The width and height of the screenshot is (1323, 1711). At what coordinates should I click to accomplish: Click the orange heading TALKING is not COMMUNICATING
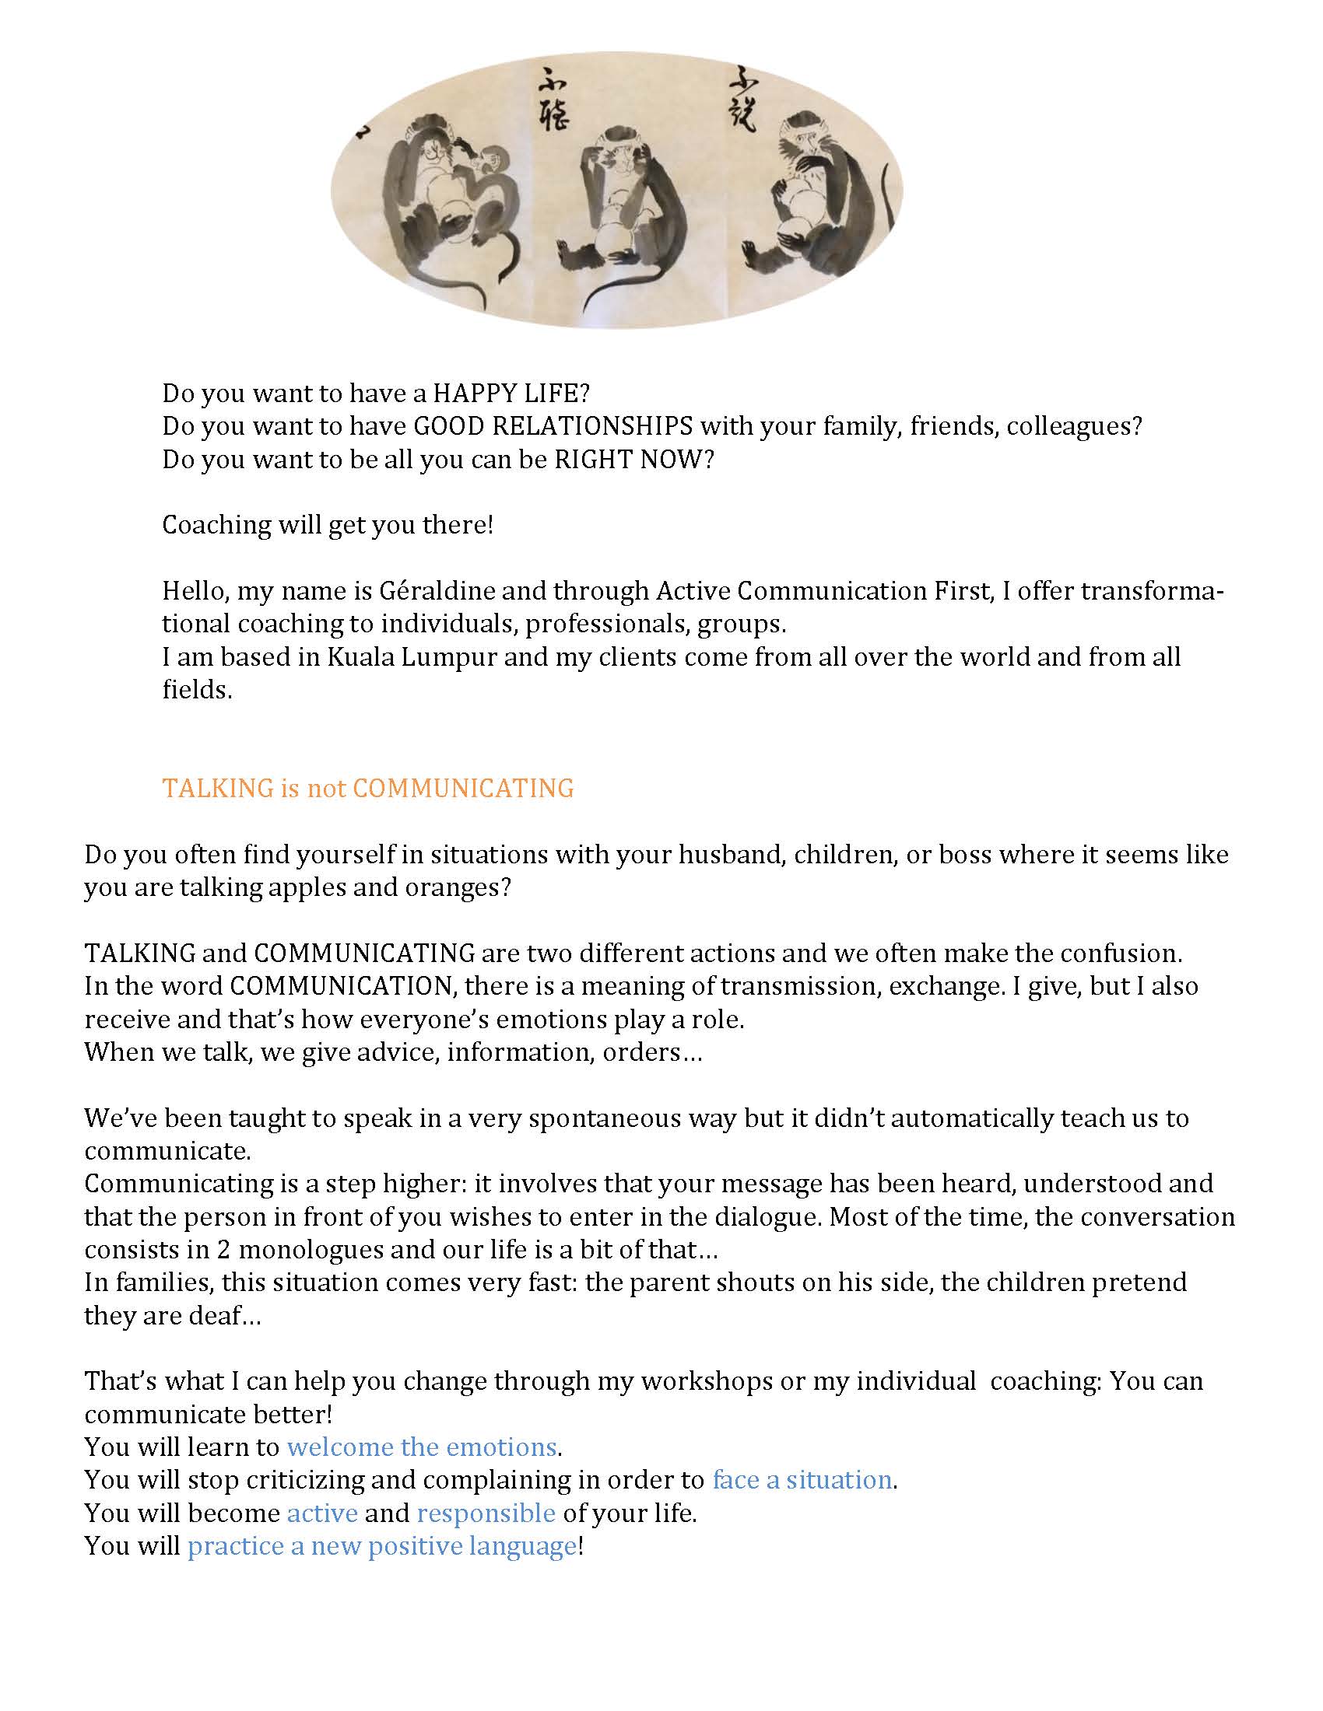pos(367,787)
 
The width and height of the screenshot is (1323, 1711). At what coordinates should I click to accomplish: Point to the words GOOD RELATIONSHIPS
pos(553,425)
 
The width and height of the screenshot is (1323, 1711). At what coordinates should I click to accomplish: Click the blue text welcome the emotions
pos(422,1447)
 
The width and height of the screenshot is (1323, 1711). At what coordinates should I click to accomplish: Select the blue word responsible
pos(486,1512)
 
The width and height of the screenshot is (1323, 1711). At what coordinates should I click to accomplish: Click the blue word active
pos(322,1512)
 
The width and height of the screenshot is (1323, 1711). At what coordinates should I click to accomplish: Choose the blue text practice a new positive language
pos(381,1545)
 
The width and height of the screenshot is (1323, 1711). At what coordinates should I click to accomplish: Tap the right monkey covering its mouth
pos(815,196)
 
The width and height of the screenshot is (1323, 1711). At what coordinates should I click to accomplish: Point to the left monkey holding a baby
pos(439,196)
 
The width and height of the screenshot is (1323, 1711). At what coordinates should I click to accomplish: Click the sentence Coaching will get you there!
pos(328,524)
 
